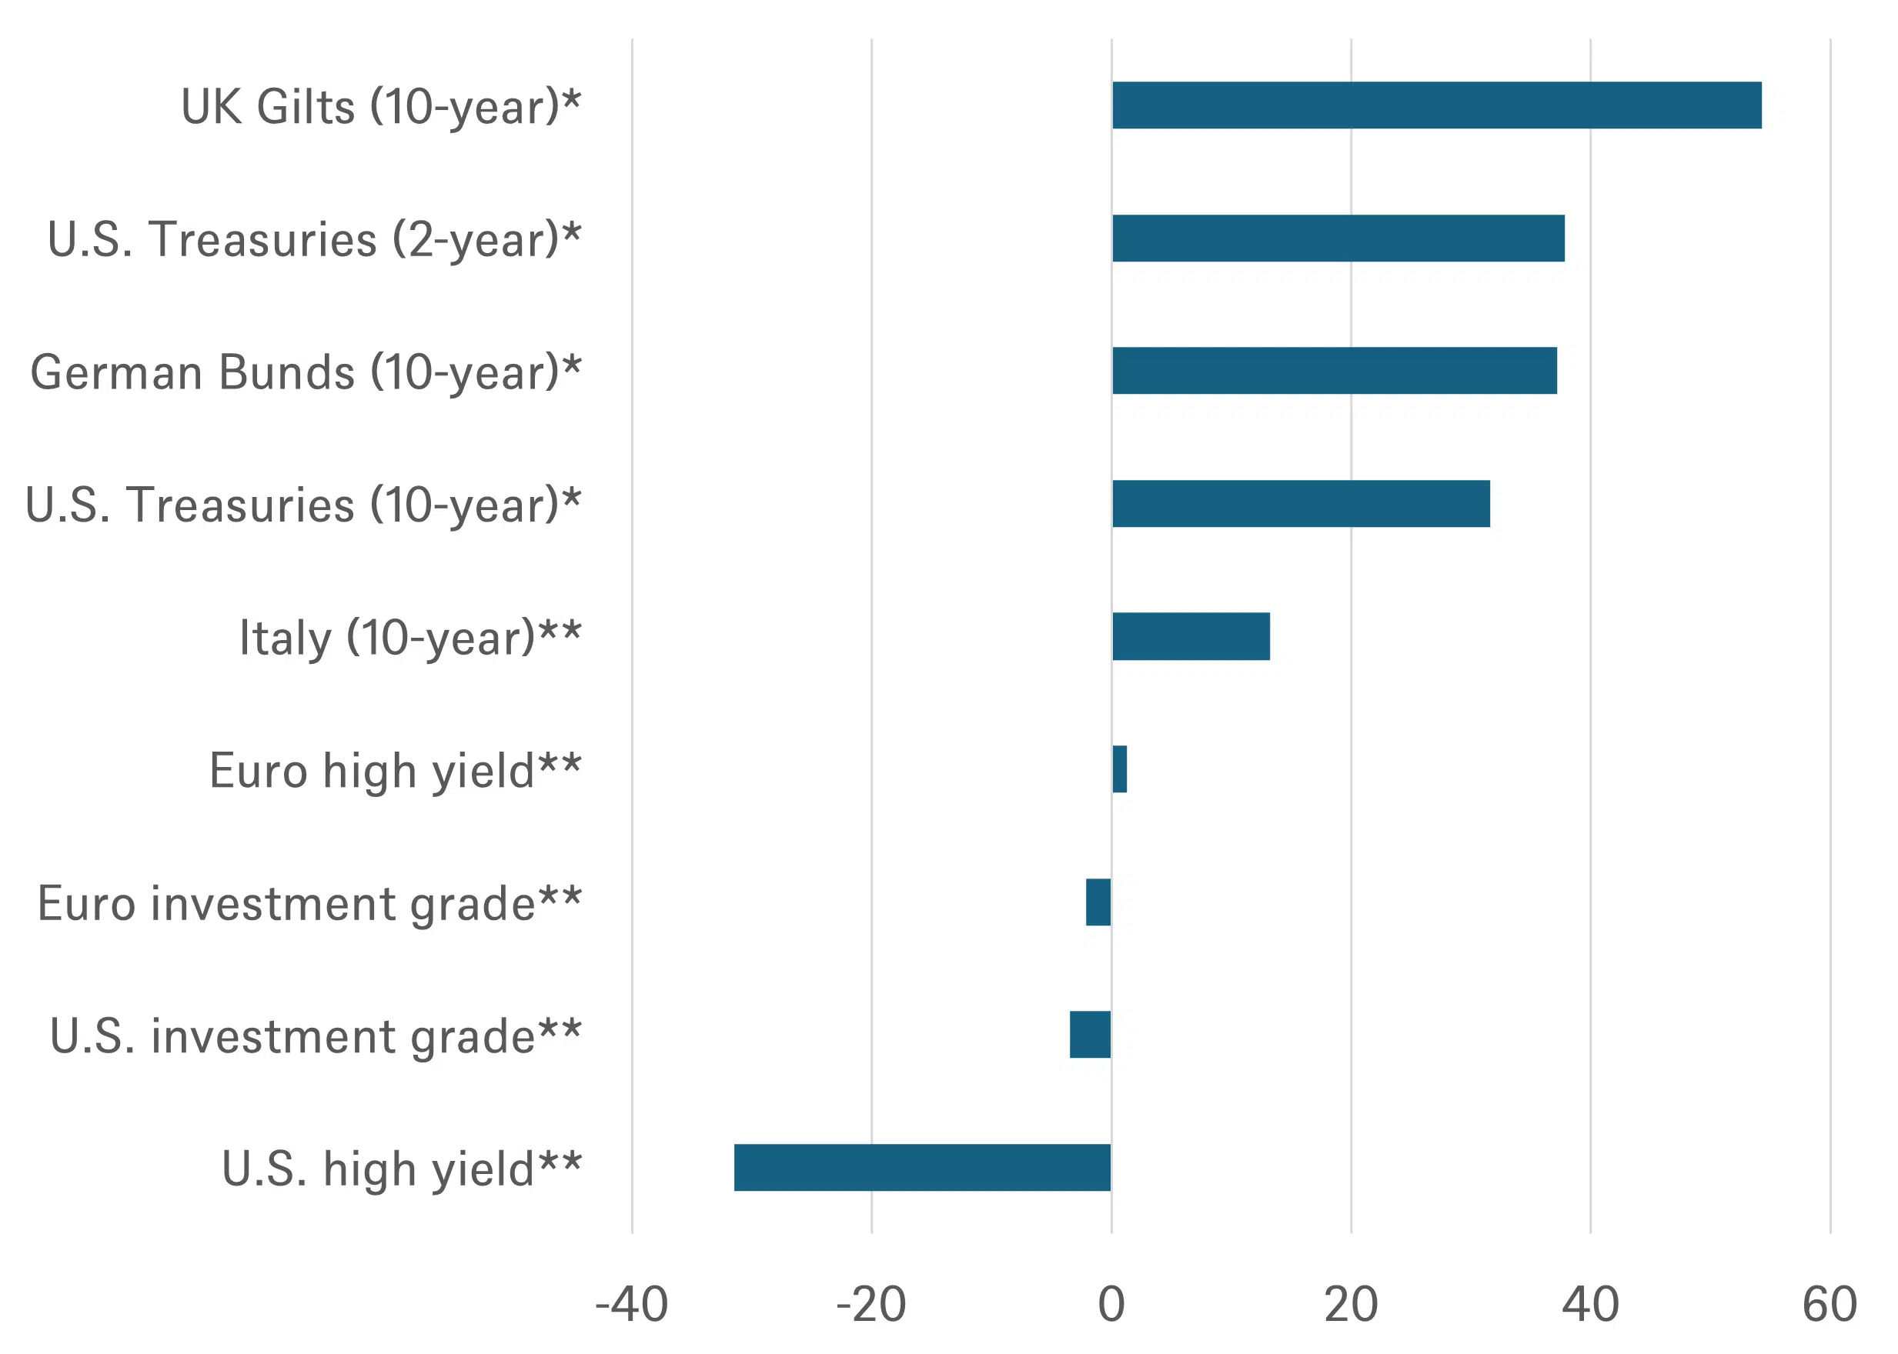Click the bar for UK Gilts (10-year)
(x=1437, y=105)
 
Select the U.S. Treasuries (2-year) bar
(x=1338, y=238)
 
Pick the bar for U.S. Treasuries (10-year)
(x=1301, y=504)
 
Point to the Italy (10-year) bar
(x=1191, y=636)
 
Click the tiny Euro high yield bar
(x=1120, y=769)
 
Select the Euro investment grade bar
(x=1098, y=902)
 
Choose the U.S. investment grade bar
(x=1090, y=1035)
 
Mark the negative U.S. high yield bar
(x=922, y=1167)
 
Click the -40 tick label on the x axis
(x=631, y=1305)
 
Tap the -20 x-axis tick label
(x=870, y=1305)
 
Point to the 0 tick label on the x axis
(x=1111, y=1305)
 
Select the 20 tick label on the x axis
(x=1351, y=1305)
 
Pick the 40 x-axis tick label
(x=1590, y=1305)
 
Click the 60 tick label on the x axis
(x=1830, y=1305)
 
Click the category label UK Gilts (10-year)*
(x=381, y=108)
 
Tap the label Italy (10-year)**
(x=410, y=639)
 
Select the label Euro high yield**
(x=396, y=771)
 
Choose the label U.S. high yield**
(x=401, y=1169)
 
